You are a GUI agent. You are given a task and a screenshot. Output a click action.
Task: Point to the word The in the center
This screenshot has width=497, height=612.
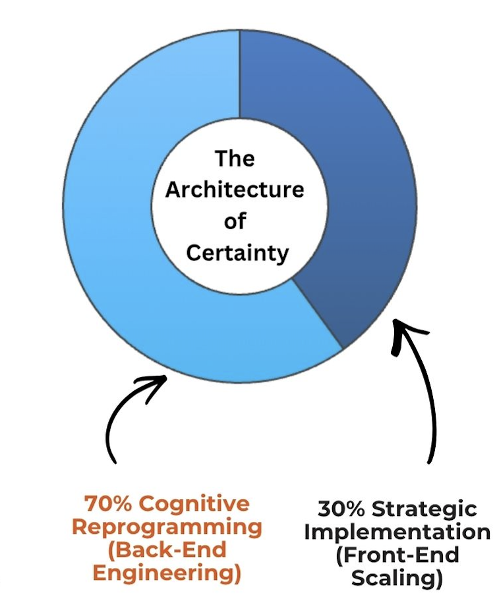(235, 159)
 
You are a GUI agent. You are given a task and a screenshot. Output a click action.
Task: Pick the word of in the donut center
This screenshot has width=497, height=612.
(235, 222)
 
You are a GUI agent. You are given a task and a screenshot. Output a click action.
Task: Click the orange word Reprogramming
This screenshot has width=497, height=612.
(167, 528)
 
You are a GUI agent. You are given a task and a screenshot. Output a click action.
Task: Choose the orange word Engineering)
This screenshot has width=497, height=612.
(166, 573)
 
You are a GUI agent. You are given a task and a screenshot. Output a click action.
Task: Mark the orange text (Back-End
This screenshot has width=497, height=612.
(166, 550)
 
